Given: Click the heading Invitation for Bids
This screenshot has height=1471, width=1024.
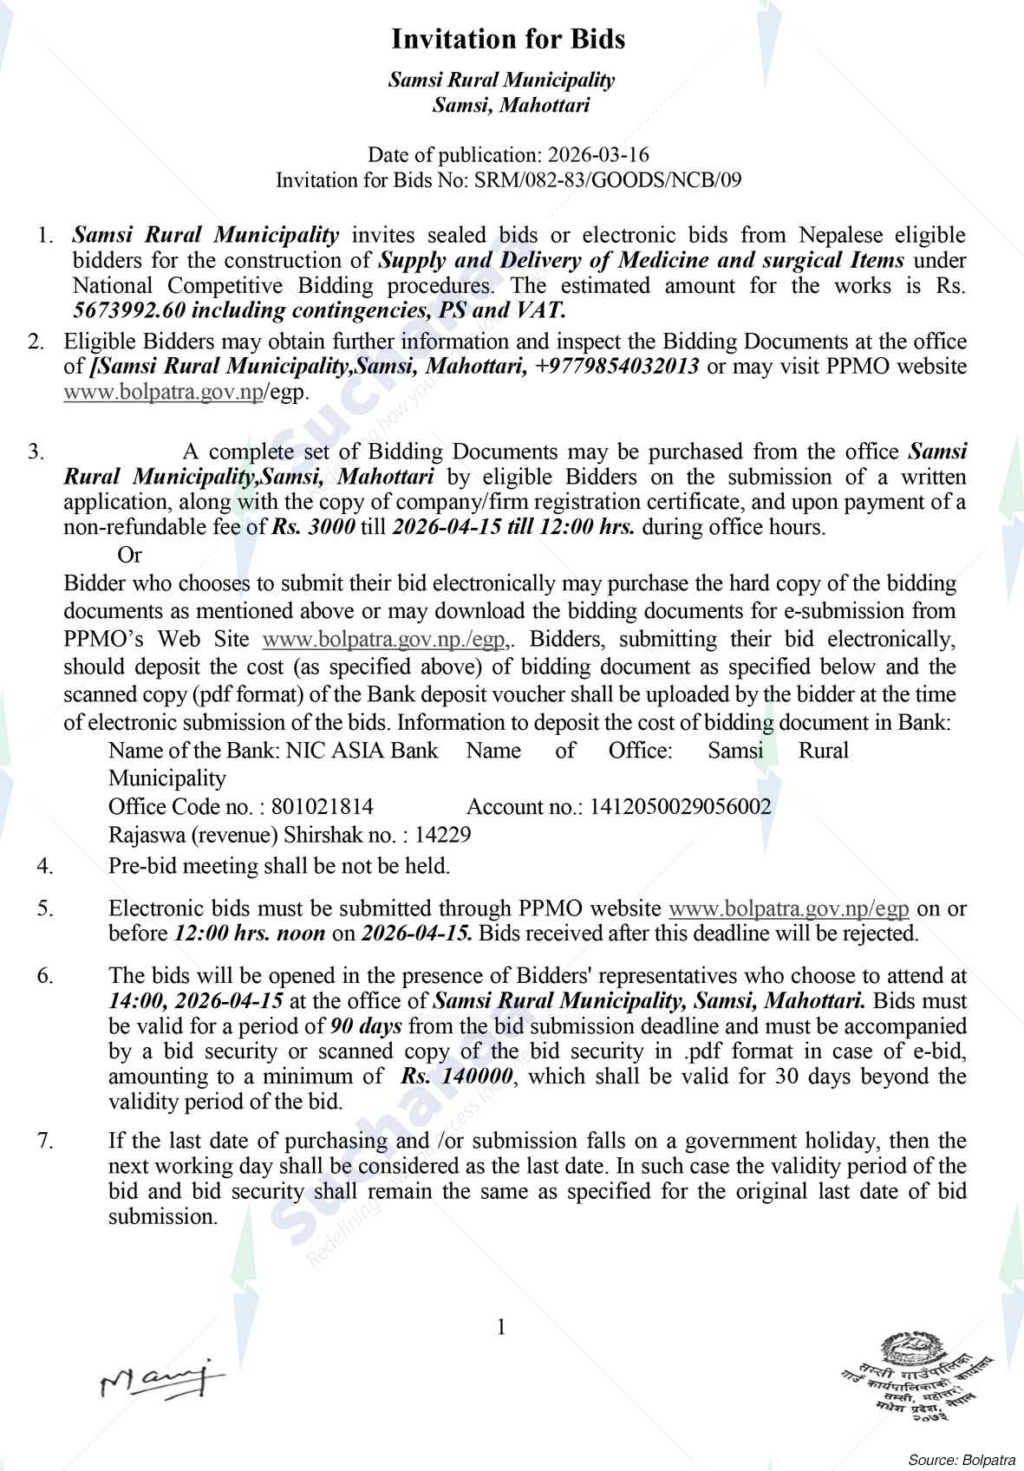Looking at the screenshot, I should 508,39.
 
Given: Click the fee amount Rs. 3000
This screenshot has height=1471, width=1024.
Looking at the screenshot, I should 313,527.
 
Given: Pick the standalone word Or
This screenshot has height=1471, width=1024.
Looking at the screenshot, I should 129,554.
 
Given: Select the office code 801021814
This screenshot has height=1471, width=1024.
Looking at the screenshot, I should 323,807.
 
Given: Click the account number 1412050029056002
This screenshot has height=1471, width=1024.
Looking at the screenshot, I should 681,807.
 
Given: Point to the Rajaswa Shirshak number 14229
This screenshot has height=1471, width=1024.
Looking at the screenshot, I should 443,836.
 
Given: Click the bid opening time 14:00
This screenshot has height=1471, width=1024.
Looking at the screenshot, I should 136,1000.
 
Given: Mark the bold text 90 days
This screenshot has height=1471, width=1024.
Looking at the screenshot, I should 366,1026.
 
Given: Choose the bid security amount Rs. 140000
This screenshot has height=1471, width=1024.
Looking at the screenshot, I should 458,1077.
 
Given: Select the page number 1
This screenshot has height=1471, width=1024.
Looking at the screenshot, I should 500,1327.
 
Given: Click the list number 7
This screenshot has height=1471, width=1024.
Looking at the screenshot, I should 45,1141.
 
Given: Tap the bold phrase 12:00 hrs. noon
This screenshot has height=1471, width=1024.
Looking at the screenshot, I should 250,934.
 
